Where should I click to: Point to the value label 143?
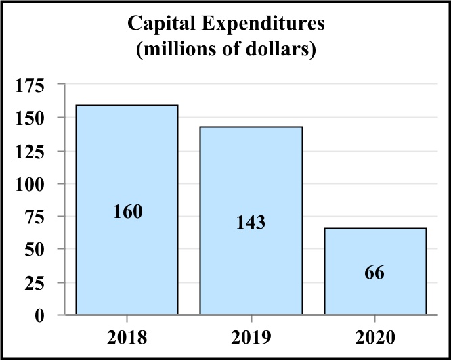[x=250, y=223]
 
